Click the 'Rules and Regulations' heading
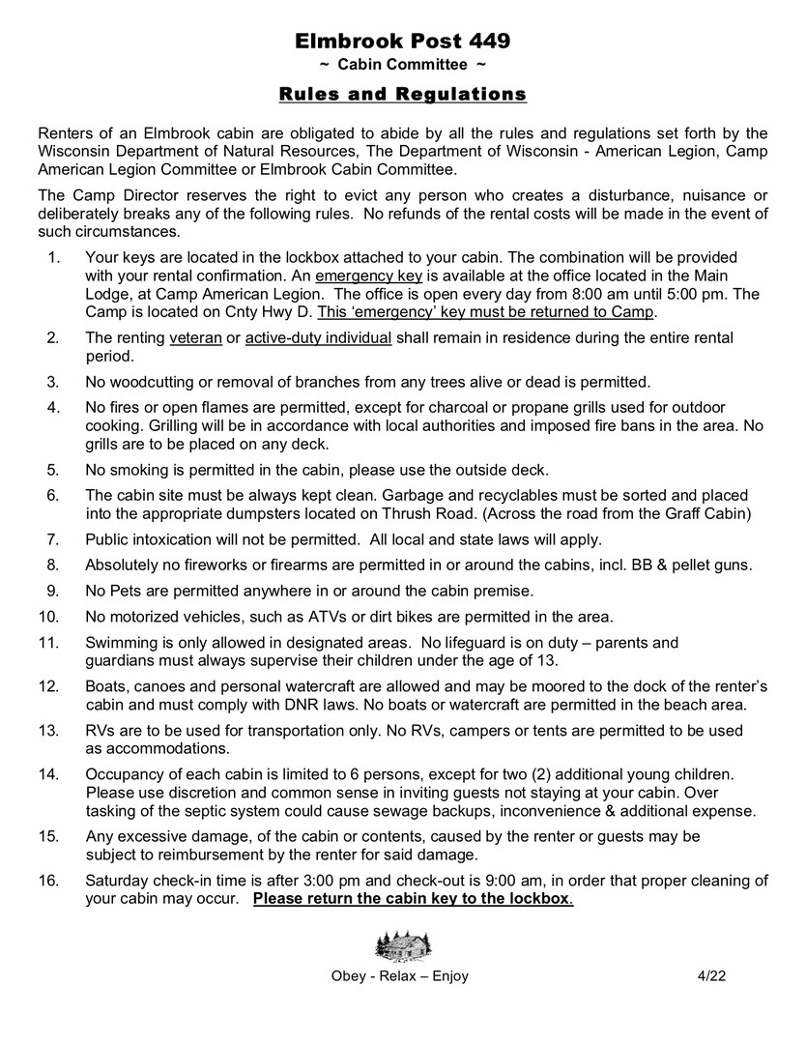402,94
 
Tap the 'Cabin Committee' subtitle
402,65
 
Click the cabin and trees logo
403,942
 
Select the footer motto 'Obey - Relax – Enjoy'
400,975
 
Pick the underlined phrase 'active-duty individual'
318,337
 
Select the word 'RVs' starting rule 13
100,731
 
